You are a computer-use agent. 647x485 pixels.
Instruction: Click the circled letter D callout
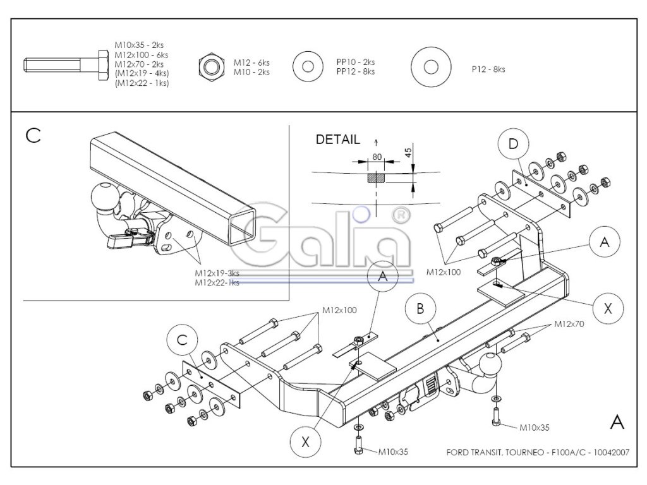coord(513,145)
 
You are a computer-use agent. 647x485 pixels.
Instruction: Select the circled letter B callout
coord(420,309)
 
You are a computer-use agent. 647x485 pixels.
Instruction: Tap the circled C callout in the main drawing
coord(183,340)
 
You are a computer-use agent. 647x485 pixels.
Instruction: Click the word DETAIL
coord(337,140)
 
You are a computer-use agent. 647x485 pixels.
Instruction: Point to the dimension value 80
coord(377,157)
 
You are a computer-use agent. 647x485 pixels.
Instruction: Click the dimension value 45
coord(408,152)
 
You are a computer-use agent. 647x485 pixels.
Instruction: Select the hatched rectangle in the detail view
coord(375,177)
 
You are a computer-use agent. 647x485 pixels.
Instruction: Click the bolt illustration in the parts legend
coord(66,65)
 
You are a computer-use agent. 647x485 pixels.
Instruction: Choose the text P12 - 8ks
coord(488,69)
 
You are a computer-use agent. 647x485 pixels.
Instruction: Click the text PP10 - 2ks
coord(355,63)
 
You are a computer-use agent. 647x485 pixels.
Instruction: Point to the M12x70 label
coord(569,324)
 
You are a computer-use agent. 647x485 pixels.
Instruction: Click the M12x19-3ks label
coord(217,273)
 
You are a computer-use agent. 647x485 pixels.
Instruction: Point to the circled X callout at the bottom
coord(305,442)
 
